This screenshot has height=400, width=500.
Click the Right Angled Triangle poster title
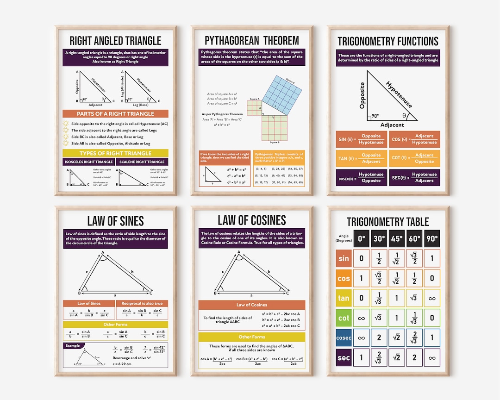click(x=116, y=41)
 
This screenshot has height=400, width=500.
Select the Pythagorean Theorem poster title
click(x=252, y=41)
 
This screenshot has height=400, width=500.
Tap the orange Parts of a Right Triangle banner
click(x=115, y=113)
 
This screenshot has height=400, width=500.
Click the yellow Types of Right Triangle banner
click(x=115, y=153)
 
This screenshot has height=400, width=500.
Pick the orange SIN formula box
click(x=361, y=139)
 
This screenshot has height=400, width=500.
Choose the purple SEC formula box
click(x=414, y=178)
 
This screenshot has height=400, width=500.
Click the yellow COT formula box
click(x=414, y=158)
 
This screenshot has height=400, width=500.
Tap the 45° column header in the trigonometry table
click(x=396, y=238)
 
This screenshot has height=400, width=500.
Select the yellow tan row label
click(x=344, y=298)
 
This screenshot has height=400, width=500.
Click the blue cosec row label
click(x=344, y=338)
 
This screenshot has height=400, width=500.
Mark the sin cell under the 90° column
click(x=432, y=258)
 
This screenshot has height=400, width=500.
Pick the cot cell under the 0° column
click(x=361, y=318)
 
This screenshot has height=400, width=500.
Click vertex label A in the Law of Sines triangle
click(x=102, y=253)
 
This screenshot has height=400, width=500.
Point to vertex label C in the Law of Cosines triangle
click(x=287, y=293)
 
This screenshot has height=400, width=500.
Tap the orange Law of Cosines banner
click(x=252, y=305)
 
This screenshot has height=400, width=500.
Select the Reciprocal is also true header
click(x=142, y=304)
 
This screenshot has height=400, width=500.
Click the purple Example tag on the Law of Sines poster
click(x=73, y=345)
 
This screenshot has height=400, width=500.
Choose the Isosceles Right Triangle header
click(x=88, y=162)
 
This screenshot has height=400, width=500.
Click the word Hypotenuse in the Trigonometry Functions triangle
click(x=398, y=95)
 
